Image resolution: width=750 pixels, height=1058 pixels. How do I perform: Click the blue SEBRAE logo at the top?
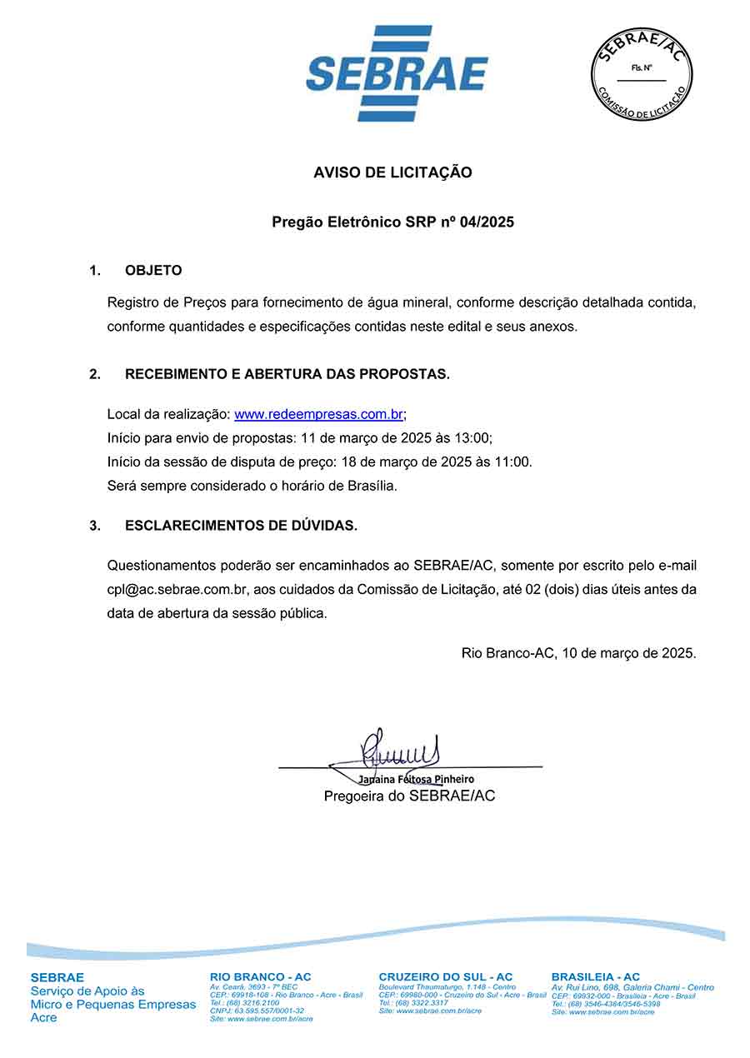[x=397, y=73]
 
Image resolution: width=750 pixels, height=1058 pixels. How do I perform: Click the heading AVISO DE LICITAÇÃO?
[x=392, y=172]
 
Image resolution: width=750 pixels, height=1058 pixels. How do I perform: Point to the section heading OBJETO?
[x=153, y=271]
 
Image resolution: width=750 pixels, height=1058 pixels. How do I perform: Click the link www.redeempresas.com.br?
[x=319, y=414]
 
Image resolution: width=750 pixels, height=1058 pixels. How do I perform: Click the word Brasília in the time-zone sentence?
[x=372, y=486]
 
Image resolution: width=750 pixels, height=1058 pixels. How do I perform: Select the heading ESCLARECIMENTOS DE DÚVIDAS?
[x=241, y=526]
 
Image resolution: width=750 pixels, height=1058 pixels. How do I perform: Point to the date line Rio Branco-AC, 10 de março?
[x=578, y=653]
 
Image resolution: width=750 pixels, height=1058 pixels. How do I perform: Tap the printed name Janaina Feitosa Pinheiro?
[x=416, y=780]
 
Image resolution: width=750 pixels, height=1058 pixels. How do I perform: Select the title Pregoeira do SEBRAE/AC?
[x=409, y=796]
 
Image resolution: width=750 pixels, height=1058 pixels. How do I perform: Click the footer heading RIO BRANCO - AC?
[x=261, y=976]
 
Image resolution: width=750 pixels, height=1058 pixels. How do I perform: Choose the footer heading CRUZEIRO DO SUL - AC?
[x=446, y=976]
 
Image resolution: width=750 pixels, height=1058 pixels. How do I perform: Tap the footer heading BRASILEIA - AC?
[x=596, y=976]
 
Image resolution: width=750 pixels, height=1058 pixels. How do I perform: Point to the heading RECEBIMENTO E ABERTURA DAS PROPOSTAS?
[x=287, y=375]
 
